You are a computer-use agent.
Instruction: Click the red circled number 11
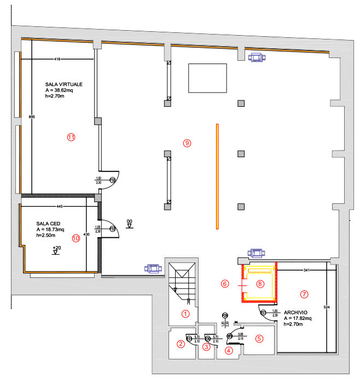[x=71, y=138]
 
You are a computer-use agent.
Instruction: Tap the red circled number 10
[x=76, y=238]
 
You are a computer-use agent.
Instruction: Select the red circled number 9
[x=187, y=143]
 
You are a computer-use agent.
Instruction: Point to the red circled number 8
[x=260, y=284]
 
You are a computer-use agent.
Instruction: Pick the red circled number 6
[x=224, y=284]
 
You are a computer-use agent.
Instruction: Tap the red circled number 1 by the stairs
[x=185, y=314]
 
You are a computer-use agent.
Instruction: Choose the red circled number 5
[x=259, y=339]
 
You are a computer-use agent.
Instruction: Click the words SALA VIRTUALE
[x=64, y=84]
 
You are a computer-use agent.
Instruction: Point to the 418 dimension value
[x=57, y=59]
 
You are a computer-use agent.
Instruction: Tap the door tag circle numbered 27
[x=263, y=313]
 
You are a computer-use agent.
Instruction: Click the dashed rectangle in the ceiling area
[x=207, y=78]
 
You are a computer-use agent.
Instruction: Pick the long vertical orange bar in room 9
[x=217, y=176]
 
